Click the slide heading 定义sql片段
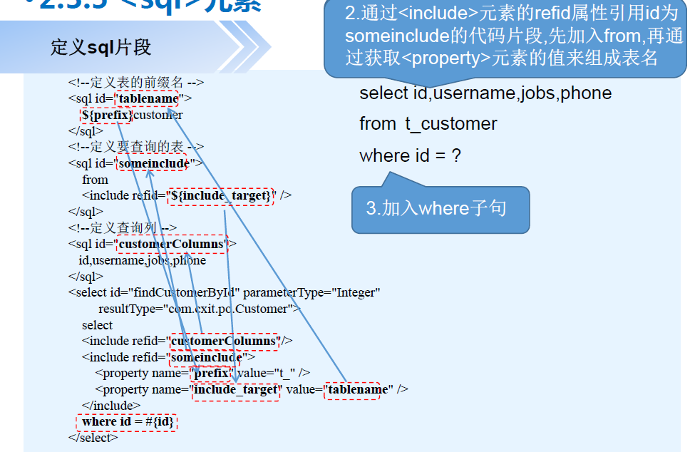pos(101,48)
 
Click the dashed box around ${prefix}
pos(107,115)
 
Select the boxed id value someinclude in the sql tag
pos(152,163)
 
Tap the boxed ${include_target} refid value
pos(220,195)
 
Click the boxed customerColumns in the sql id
pos(171,245)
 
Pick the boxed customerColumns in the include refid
pos(224,341)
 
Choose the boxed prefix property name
pos(210,373)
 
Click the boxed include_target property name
pos(236,390)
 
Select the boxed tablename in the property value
pos(351,390)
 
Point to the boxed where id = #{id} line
pos(126,422)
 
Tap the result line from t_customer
pos(428,124)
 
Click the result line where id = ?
pos(410,155)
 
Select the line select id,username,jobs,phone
pos(485,93)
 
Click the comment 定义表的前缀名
pos(136,82)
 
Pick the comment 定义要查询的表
pos(136,147)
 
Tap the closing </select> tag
pos(93,438)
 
